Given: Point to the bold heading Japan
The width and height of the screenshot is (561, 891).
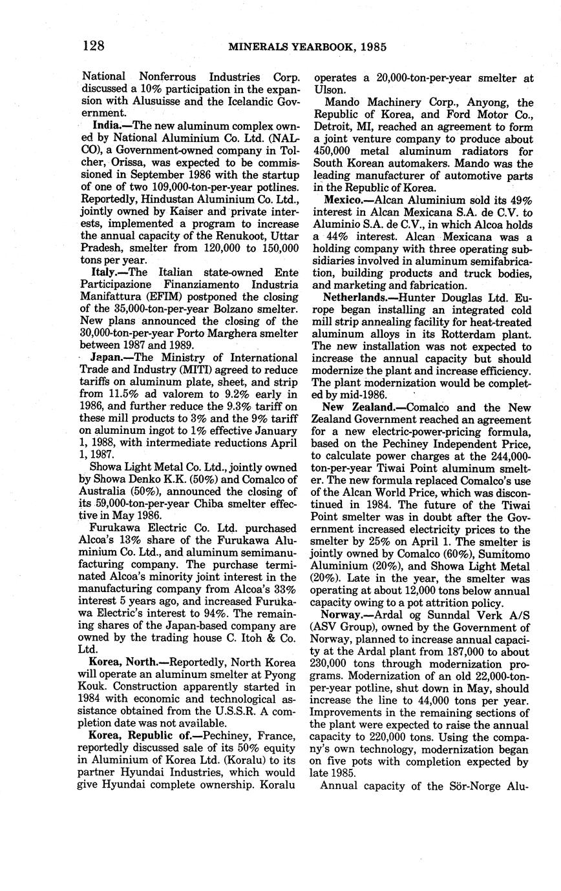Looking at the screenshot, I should click(x=107, y=358).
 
